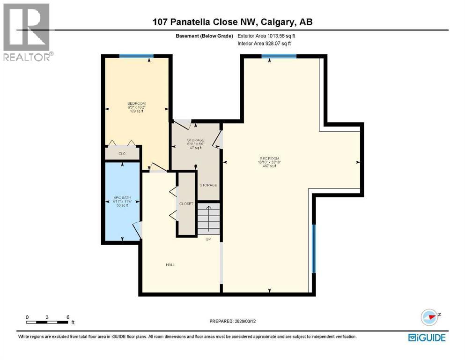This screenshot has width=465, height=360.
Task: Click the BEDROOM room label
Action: [x=137, y=104]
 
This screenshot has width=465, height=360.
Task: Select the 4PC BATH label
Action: [x=121, y=198]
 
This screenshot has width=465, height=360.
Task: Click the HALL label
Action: [x=170, y=265]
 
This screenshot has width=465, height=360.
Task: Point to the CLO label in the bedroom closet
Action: [x=122, y=153]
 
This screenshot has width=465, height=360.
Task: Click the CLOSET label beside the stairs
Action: [x=186, y=204]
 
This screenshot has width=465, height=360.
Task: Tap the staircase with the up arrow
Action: [x=208, y=218]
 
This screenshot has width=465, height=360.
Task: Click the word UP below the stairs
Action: [x=208, y=239]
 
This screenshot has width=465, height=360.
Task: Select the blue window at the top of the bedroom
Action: [x=136, y=56]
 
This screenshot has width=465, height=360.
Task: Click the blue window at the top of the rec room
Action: [x=279, y=56]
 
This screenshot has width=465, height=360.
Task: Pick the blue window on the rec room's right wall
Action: [x=314, y=248]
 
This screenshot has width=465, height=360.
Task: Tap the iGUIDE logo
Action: [x=427, y=337]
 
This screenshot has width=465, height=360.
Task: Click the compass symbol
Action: [x=429, y=316]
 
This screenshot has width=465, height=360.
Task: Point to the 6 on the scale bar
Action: [x=68, y=317]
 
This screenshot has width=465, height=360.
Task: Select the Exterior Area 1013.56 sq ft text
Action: [x=267, y=36]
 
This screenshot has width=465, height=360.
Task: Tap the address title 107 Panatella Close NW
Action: [x=206, y=22]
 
